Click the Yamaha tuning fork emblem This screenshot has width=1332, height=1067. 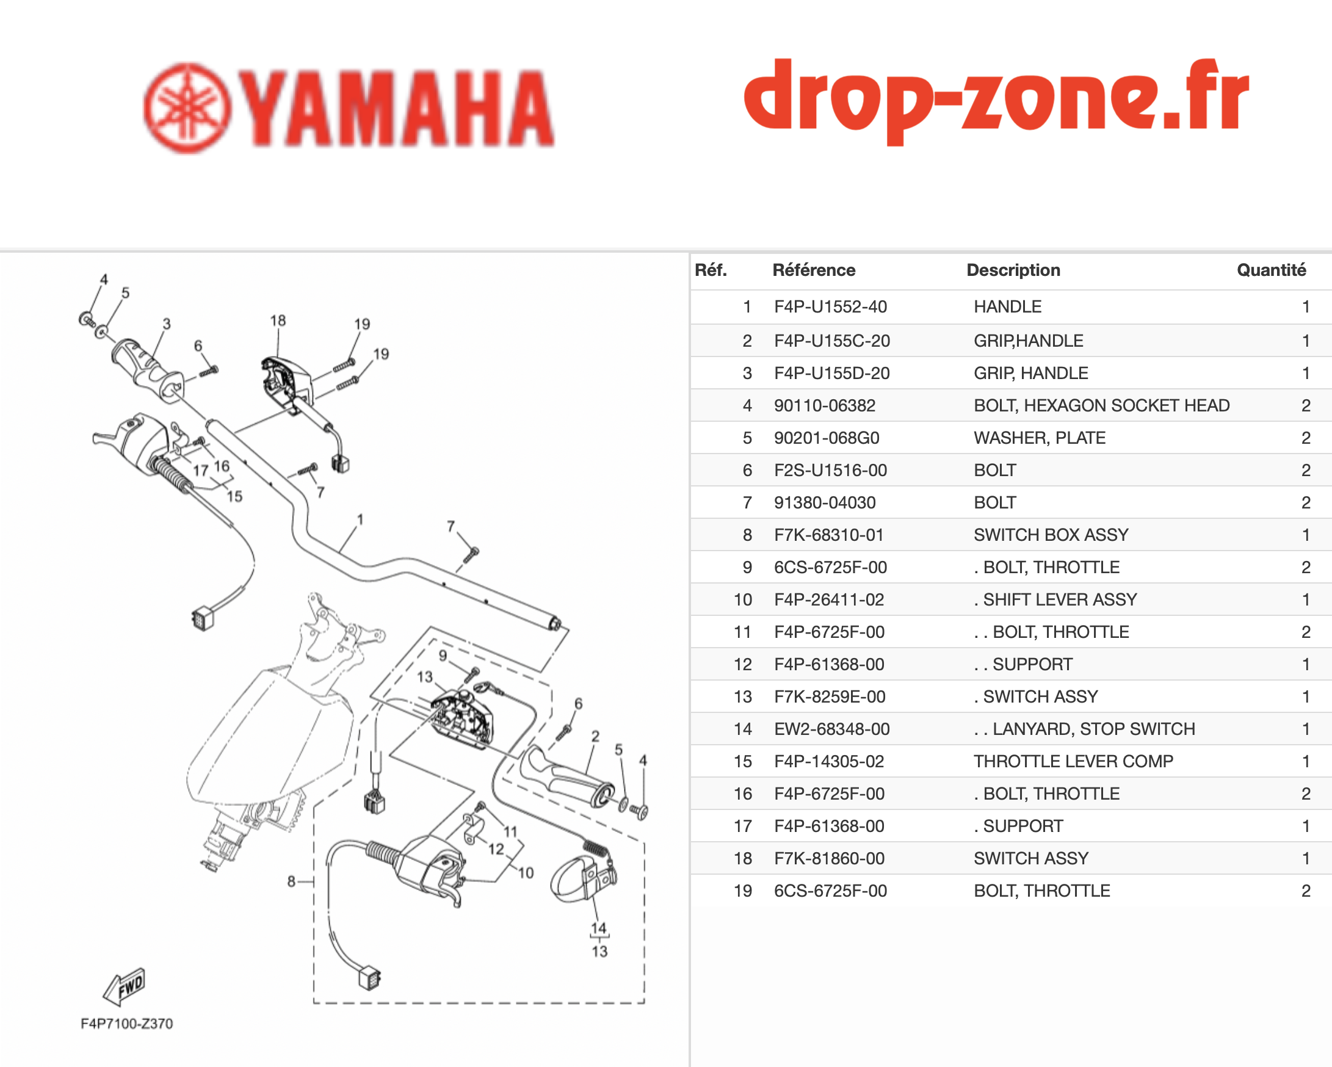[x=187, y=108]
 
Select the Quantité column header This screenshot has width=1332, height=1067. [x=1271, y=270]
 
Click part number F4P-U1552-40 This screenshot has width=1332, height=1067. [x=830, y=306]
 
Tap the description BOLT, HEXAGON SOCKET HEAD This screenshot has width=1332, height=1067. [x=1102, y=405]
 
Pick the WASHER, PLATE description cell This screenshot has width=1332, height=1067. [x=1040, y=438]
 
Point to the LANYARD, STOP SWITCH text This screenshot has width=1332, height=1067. [x=1093, y=729]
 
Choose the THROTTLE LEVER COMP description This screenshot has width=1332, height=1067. [x=1073, y=761]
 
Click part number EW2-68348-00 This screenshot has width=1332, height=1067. [x=831, y=729]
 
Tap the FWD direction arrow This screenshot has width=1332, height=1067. [x=124, y=986]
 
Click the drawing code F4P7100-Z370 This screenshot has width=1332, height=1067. [x=126, y=1024]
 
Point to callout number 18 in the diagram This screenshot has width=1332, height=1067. [x=278, y=320]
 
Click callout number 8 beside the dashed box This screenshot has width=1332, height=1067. [x=291, y=881]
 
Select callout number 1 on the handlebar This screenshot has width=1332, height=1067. [x=360, y=519]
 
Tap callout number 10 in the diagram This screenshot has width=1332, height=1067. [x=526, y=872]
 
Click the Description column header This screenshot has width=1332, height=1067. [x=1013, y=270]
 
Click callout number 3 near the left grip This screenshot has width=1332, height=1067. [x=167, y=324]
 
